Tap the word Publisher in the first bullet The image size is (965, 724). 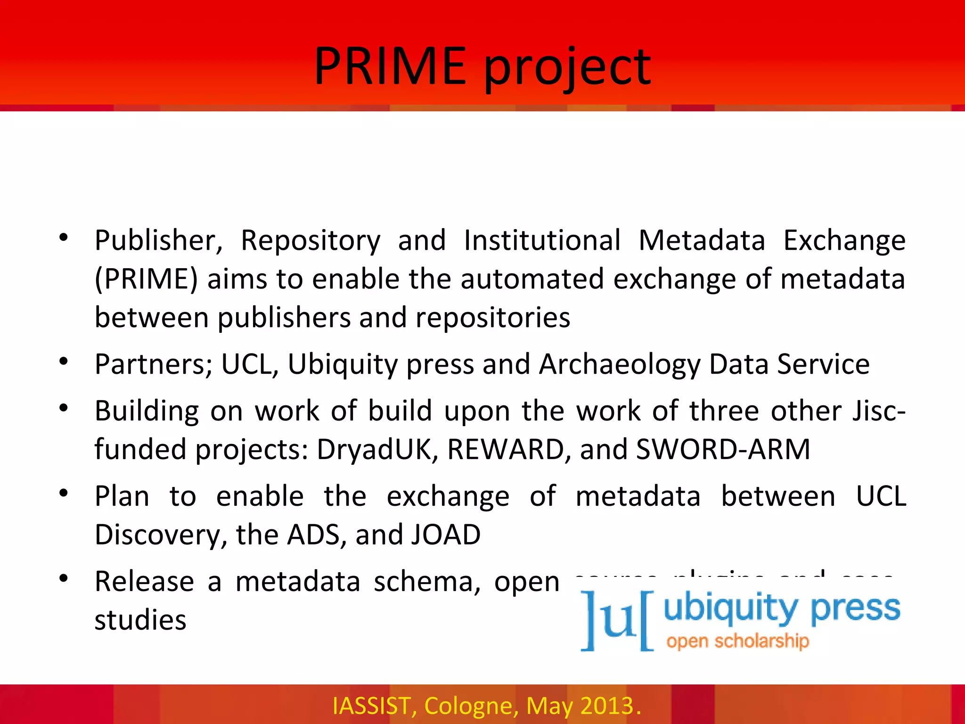pos(158,240)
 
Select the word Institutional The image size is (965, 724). pos(542,240)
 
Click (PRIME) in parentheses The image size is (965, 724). pos(146,279)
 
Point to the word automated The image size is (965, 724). pos(532,279)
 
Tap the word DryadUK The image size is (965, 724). pos(378,449)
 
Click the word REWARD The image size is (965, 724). pos(506,449)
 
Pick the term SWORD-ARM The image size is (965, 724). pos(723,449)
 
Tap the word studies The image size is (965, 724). pos(140,620)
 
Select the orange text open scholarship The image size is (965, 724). pos(737,642)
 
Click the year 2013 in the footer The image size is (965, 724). pos(607,706)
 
